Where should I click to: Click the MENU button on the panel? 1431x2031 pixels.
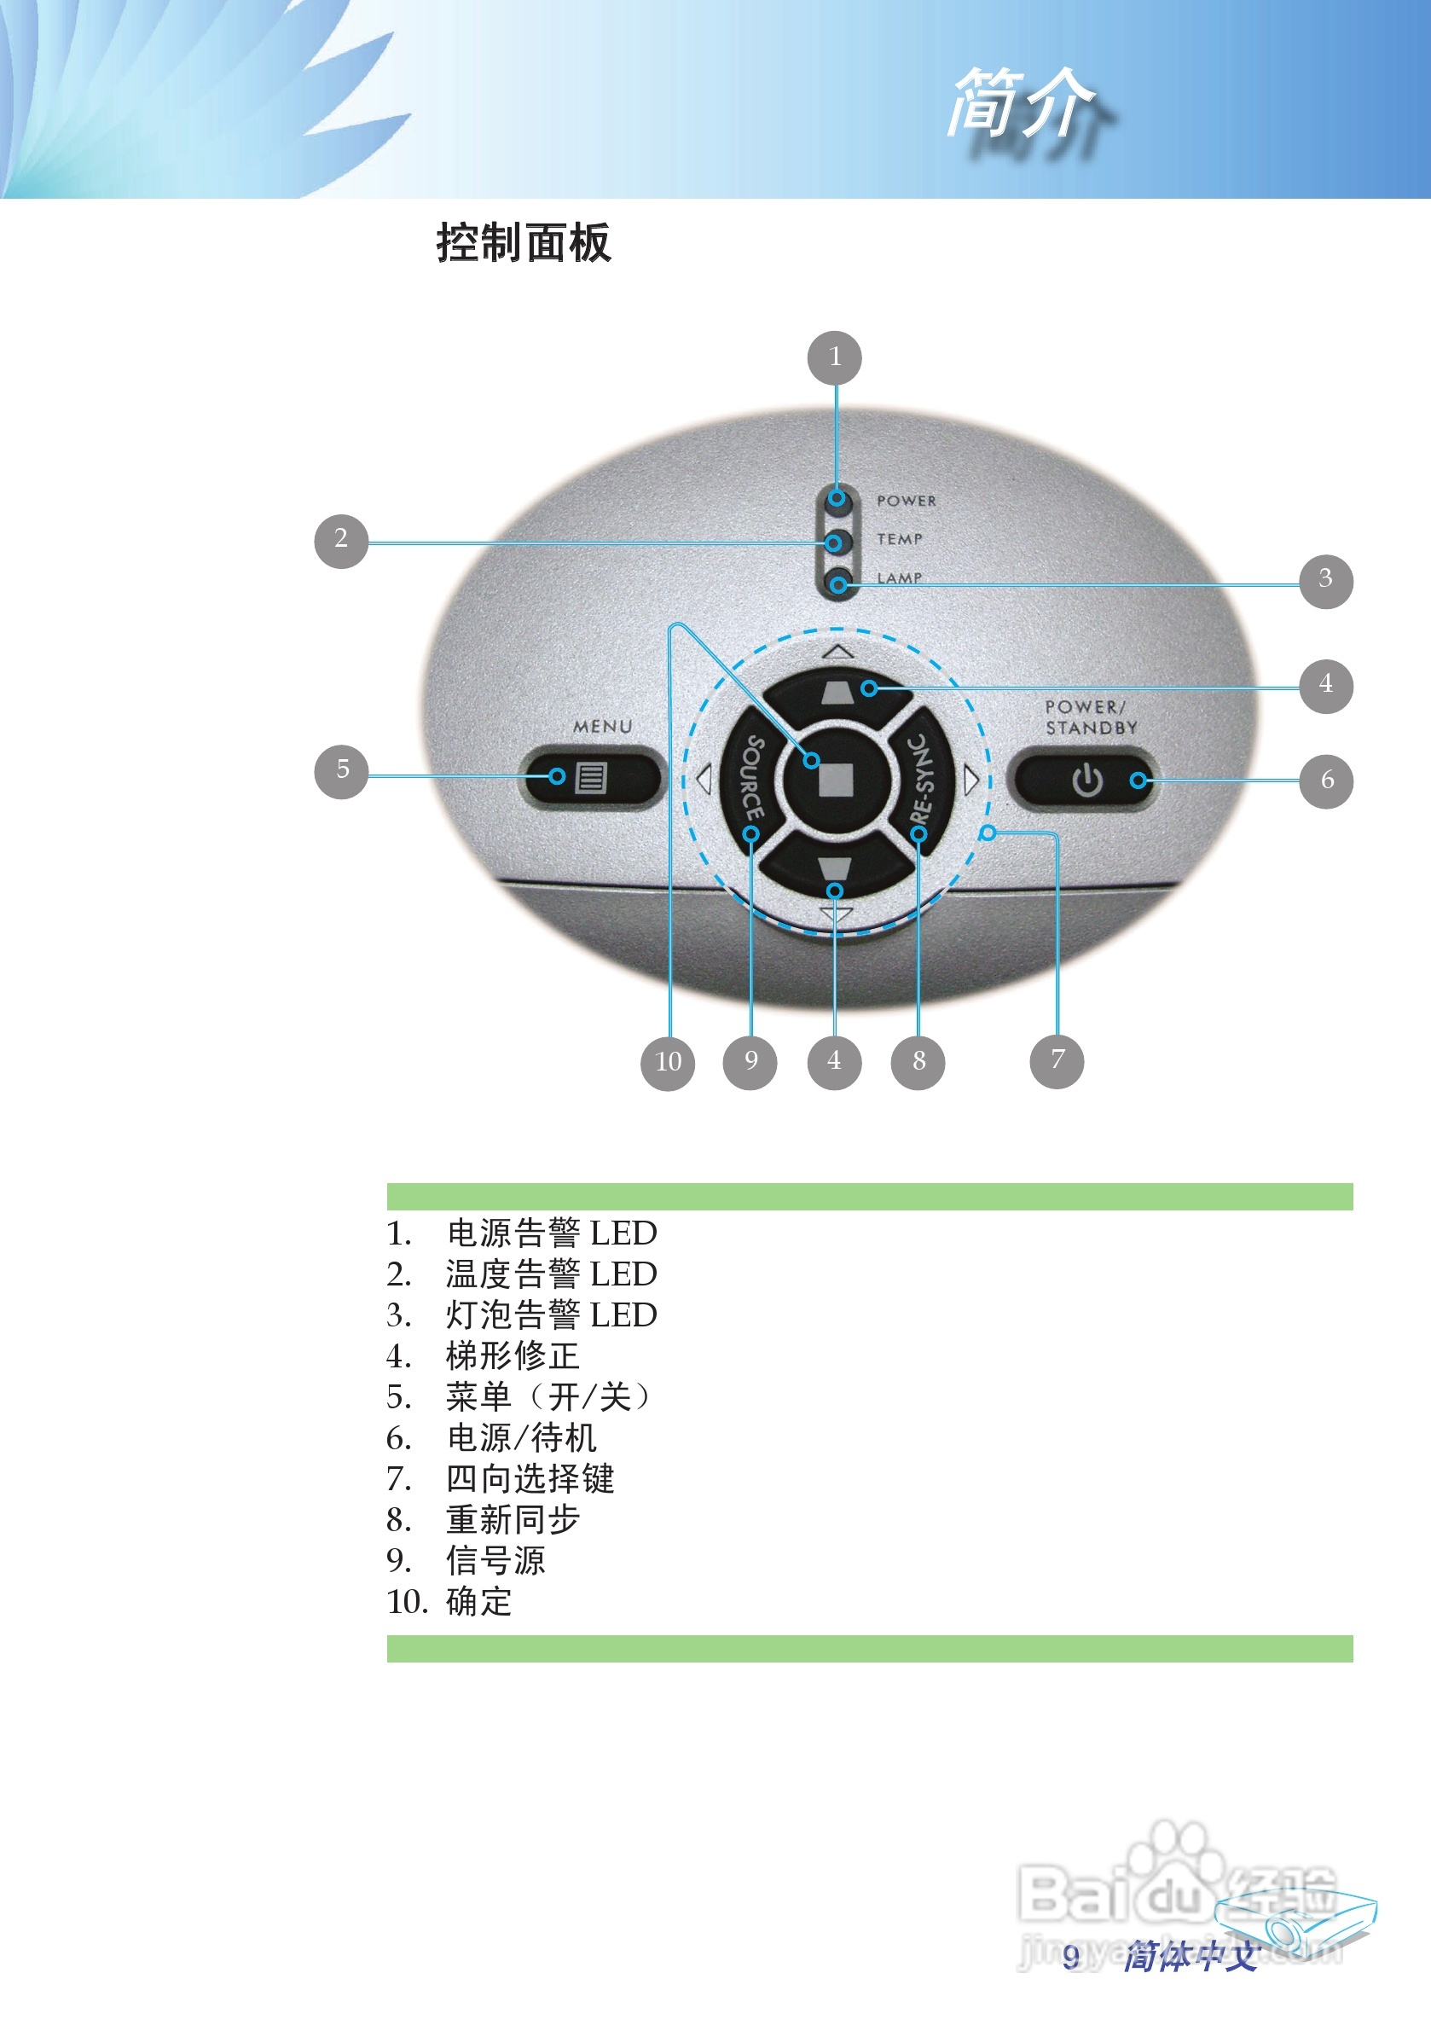coord(590,778)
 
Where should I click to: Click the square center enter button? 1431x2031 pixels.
coord(836,780)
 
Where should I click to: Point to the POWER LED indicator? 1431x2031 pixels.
coord(837,499)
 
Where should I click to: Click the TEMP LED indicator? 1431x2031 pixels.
coord(835,542)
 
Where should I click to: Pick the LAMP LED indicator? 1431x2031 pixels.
coord(837,583)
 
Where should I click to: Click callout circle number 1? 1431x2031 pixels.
coord(834,357)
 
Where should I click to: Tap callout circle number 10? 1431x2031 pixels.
coord(668,1062)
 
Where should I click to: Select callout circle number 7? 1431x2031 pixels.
coord(1057,1060)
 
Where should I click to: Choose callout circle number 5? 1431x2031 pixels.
coord(341,770)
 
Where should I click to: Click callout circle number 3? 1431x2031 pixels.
coord(1326,580)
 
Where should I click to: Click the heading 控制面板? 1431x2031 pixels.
coord(524,242)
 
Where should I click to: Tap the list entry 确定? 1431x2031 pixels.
coord(478,1601)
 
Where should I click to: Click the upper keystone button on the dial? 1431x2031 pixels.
coord(837,691)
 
